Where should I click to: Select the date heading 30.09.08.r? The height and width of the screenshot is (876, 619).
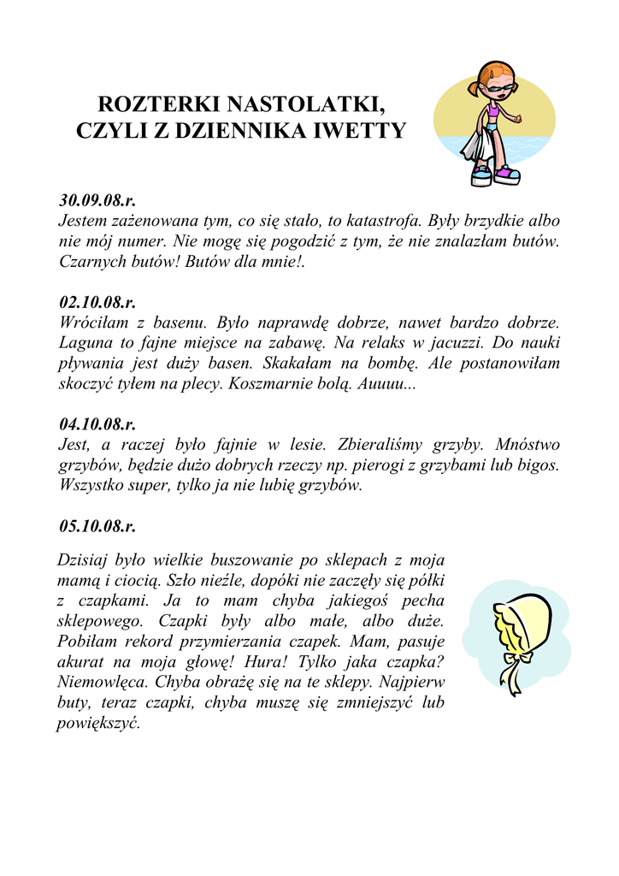[x=97, y=201]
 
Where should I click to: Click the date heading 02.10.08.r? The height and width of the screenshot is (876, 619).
[x=97, y=302]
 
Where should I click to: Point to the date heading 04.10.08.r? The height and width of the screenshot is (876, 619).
[x=97, y=423]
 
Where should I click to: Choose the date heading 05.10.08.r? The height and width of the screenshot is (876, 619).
[x=97, y=525]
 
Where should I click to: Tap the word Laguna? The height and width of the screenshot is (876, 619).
[x=85, y=343]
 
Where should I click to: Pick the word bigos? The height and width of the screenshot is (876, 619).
[x=539, y=465]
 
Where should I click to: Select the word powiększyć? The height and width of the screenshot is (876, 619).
[x=98, y=724]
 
